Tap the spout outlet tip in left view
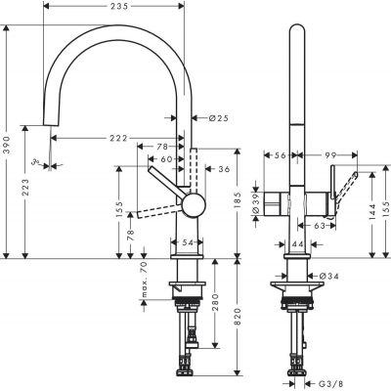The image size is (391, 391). (46, 124)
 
